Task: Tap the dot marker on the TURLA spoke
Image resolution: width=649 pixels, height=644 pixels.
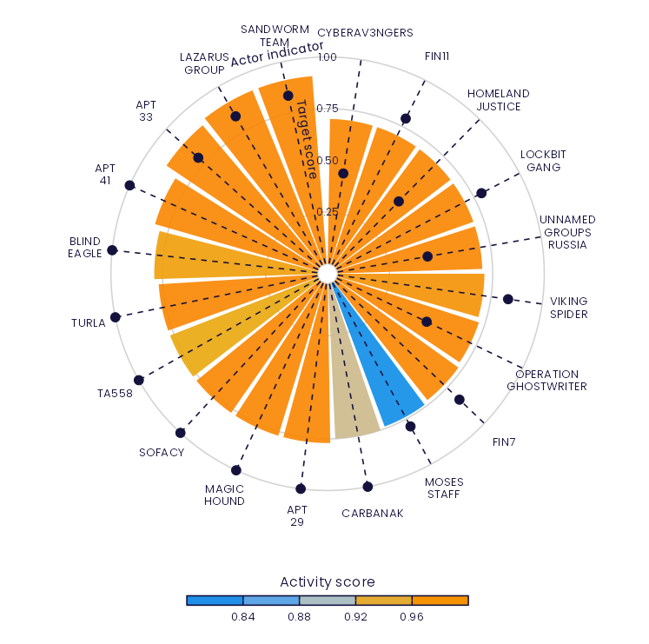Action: [x=116, y=316]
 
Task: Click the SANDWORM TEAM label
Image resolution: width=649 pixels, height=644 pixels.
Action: [x=268, y=35]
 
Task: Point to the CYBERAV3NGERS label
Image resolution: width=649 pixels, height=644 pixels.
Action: [x=364, y=33]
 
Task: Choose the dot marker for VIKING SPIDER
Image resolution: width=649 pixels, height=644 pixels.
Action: [x=508, y=299]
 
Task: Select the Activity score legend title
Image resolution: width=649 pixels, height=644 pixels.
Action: [x=328, y=581]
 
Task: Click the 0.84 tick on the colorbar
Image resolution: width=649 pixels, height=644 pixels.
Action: [x=243, y=617]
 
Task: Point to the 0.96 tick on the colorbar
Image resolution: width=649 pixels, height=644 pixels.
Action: [x=412, y=617]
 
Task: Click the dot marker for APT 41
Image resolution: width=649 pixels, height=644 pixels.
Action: [x=130, y=185]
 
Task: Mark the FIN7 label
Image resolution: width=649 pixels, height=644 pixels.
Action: [x=504, y=442]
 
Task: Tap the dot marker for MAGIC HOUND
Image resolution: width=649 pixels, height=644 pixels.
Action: [x=236, y=470]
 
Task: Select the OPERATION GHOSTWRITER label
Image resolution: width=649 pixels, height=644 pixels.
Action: [x=546, y=381]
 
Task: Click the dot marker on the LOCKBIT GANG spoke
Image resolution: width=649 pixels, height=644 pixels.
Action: [x=481, y=193]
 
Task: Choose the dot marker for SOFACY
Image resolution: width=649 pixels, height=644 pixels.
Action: [x=181, y=433]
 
